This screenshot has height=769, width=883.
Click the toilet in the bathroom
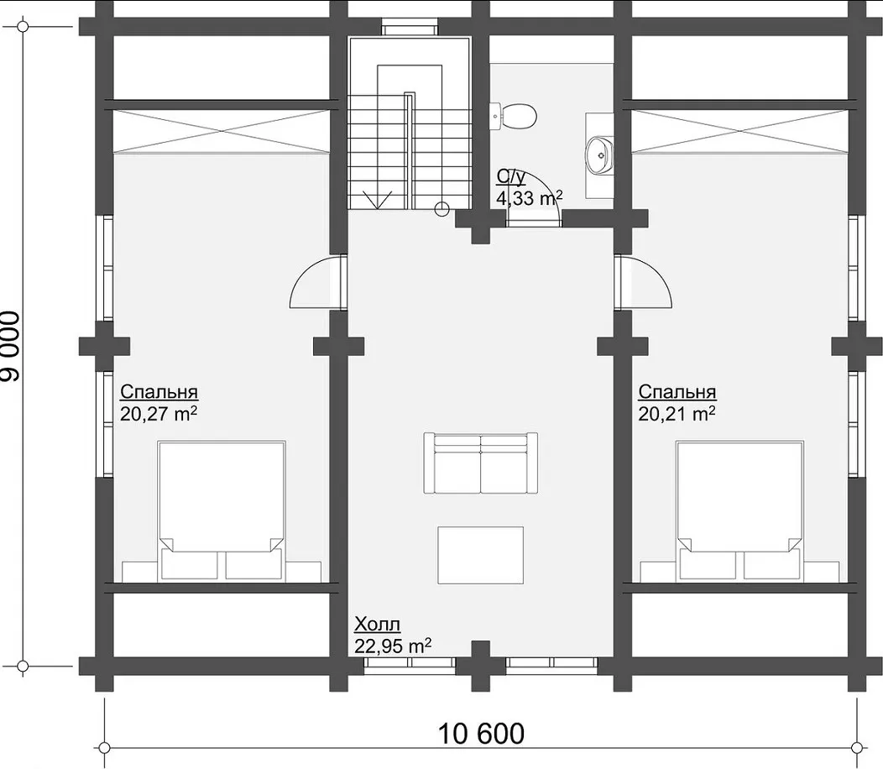click(513, 116)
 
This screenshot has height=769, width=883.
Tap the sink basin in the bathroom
click(599, 154)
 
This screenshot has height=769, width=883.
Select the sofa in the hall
click(480, 463)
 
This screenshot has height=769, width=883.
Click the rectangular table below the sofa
click(480, 556)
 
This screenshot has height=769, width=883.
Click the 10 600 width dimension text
click(481, 734)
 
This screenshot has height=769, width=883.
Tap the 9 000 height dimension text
click(11, 347)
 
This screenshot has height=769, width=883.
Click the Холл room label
click(378, 625)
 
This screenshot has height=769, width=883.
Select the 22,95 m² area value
click(393, 646)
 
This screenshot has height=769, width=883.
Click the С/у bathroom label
click(511, 177)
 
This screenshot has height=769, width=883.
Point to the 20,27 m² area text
click(159, 414)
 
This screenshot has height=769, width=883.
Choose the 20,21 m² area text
click(677, 414)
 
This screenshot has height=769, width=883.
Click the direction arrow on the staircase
click(378, 200)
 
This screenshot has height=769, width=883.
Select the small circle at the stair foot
click(442, 210)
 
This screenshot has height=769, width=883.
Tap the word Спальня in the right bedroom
click(677, 391)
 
